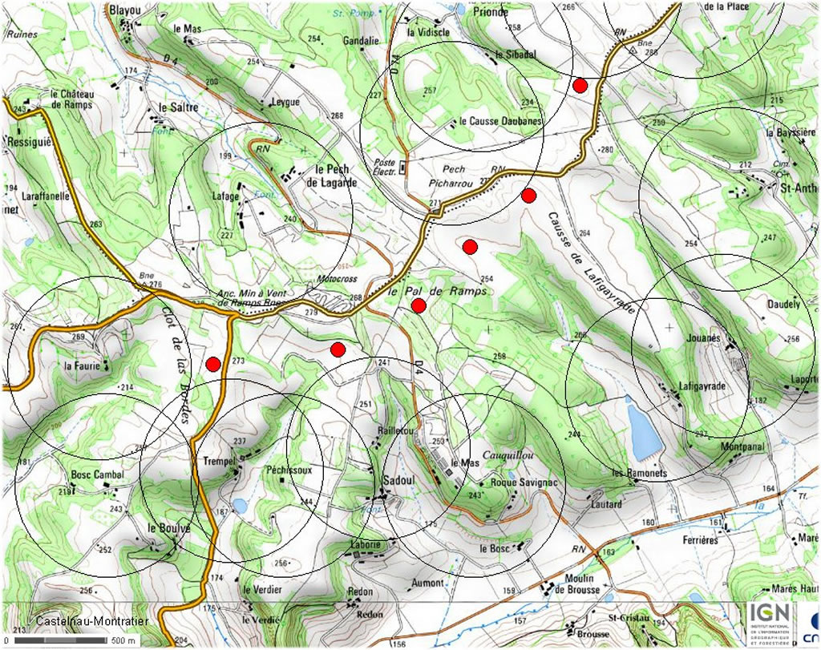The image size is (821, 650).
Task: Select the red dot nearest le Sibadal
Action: point(580,85)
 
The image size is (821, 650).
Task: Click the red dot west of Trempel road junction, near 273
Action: point(212,364)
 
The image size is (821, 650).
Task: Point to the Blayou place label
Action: point(126,9)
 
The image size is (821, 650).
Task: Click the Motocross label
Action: point(336,280)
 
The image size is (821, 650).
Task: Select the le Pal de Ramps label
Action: point(438,292)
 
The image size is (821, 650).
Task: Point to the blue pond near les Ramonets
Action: point(644,431)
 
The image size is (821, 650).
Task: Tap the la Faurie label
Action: point(81,366)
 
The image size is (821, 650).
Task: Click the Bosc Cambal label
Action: point(97,474)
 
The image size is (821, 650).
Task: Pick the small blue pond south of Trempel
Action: point(240,506)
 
